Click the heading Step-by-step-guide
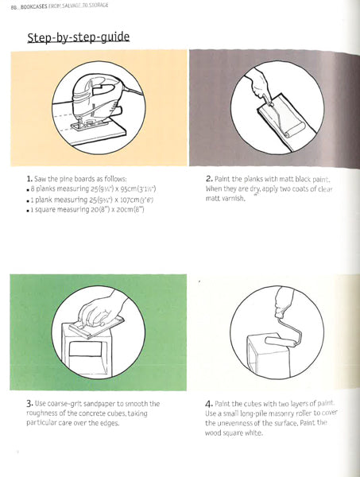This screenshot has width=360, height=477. [x=79, y=37]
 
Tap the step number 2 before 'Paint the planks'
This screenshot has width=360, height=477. [x=208, y=180]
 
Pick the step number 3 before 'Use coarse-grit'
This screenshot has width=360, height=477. [x=29, y=404]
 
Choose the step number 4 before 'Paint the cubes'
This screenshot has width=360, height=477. [x=208, y=404]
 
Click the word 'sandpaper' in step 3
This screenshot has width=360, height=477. [x=108, y=404]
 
